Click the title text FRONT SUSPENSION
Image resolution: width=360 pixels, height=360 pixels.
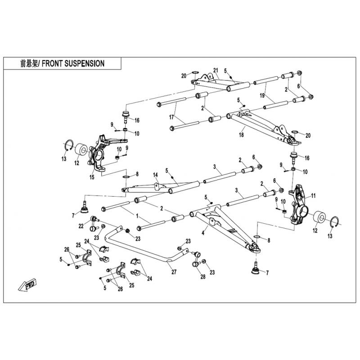pos(73,63)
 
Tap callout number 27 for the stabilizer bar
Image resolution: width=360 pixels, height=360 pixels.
pos(174,272)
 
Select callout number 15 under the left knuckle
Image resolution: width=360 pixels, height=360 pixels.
pos(92,177)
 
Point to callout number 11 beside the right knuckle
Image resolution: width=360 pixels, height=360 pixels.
pos(313,196)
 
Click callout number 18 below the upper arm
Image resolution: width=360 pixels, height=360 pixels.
pos(241,135)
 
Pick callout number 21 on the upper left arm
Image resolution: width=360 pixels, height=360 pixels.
pos(216,70)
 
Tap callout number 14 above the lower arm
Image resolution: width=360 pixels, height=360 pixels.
pos(155,175)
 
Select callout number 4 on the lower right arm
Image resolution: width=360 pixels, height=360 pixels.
pos(203,233)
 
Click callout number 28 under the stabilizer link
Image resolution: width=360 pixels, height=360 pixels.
pos(203,277)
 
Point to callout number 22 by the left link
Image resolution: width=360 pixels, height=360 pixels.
pos(81,226)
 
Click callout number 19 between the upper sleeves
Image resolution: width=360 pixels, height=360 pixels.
pos(262,95)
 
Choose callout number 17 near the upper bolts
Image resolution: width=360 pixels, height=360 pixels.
pos(171,117)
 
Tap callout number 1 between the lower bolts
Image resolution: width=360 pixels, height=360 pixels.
pos(137,216)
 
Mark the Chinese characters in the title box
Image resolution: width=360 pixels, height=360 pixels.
pos(29,63)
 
